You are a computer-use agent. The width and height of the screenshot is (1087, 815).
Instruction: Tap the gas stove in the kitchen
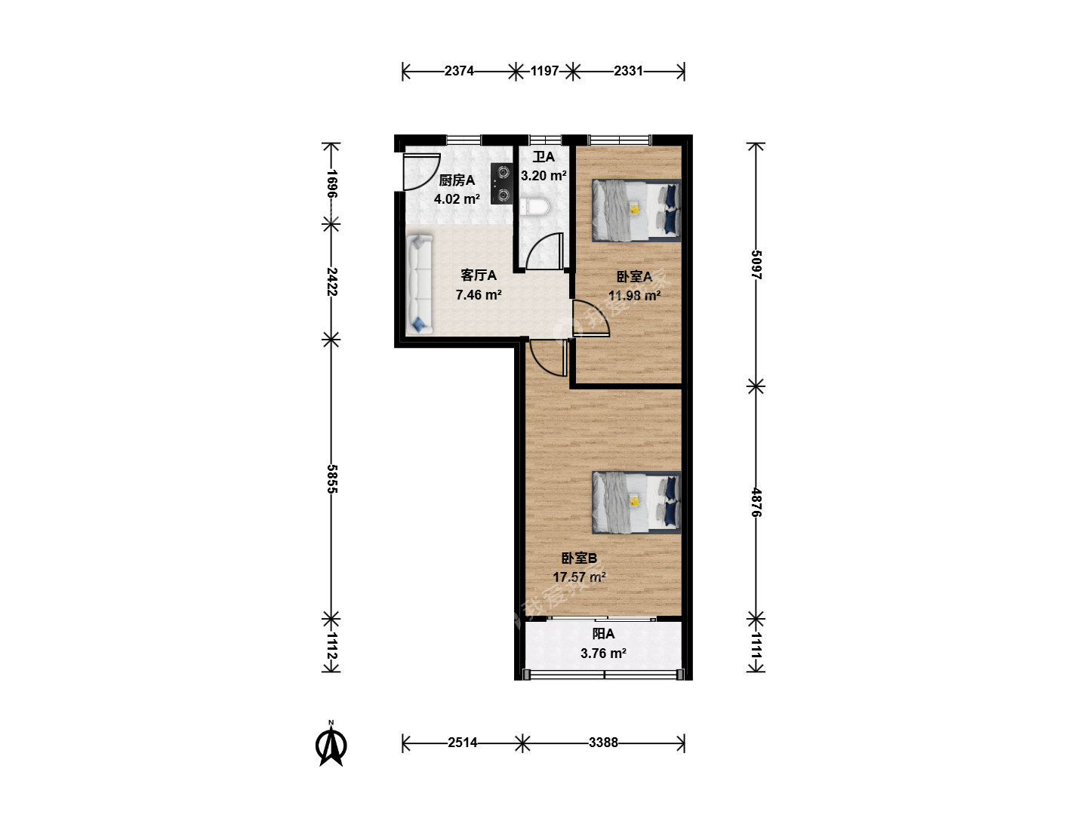click(x=501, y=183)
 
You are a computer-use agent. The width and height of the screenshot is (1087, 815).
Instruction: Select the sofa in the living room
click(x=420, y=284)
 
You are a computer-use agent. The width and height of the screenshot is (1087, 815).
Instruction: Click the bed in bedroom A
click(x=636, y=211)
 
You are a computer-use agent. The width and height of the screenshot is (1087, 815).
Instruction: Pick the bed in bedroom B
click(x=636, y=503)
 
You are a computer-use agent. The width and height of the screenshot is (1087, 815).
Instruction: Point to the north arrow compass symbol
click(x=331, y=743)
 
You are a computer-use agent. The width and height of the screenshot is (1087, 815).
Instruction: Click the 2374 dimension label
click(x=459, y=71)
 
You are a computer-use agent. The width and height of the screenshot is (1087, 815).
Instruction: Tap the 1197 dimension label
click(x=545, y=71)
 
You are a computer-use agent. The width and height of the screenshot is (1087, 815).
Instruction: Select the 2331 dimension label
click(x=629, y=71)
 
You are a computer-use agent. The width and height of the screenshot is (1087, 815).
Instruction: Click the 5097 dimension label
click(x=756, y=265)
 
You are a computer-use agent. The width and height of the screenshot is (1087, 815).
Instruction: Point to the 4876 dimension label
click(x=756, y=503)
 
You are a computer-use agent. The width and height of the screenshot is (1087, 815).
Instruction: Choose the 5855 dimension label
click(x=332, y=479)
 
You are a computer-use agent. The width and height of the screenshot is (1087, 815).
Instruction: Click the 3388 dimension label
click(x=603, y=743)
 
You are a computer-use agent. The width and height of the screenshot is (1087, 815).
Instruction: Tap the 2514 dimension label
click(x=463, y=743)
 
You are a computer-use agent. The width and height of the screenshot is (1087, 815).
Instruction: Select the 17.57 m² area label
click(x=580, y=577)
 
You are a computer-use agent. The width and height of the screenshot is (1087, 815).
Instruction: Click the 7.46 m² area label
click(x=479, y=295)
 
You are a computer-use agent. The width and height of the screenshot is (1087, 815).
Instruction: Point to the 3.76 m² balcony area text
click(x=603, y=654)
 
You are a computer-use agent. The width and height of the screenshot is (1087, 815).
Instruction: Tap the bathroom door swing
click(x=545, y=251)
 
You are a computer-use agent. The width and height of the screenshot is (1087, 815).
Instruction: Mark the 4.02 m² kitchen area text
click(x=457, y=199)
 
